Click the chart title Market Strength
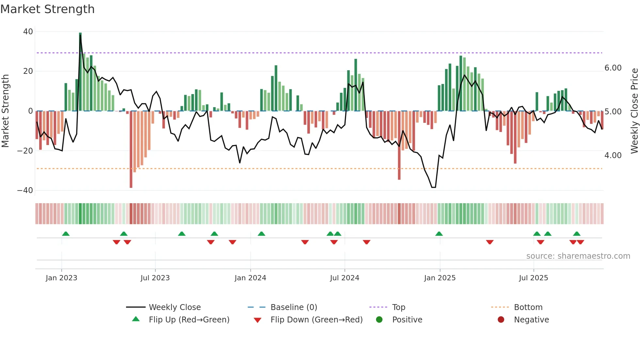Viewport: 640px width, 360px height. click(47, 9)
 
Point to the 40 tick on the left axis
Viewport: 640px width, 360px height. click(28, 32)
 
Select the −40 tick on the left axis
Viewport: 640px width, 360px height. click(25, 190)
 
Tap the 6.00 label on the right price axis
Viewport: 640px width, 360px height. click(613, 68)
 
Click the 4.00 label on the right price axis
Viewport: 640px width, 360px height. click(613, 155)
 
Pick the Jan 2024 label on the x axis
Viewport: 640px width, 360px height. click(250, 278)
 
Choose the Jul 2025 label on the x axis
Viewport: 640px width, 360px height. click(533, 278)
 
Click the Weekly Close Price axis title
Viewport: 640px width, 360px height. click(634, 111)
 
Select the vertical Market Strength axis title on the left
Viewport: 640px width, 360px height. click(6, 111)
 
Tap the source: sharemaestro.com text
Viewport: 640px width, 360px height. click(578, 256)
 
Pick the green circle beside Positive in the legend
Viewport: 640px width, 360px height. click(379, 320)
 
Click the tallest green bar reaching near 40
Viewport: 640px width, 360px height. click(80, 72)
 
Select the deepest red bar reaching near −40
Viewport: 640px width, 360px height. click(131, 149)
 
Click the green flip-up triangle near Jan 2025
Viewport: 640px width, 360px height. click(439, 234)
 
